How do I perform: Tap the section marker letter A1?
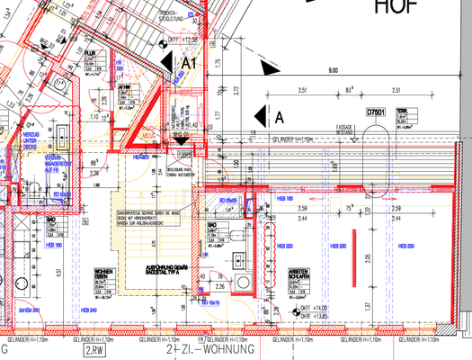(x=189, y=62)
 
